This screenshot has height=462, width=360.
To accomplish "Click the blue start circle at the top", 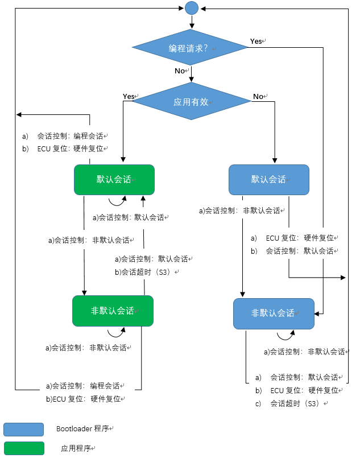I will coord(192,7).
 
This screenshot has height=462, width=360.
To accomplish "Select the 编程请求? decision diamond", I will coord(190,48).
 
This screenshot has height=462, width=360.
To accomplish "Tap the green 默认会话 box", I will coord(114,180).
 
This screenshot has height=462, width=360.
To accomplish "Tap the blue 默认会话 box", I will coord(268,180).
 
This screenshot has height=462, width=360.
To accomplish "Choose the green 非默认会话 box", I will coord(113,311).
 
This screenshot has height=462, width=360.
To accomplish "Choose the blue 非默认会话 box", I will coord(274,313).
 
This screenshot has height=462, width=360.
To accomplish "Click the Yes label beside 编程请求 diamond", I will coord(256,42).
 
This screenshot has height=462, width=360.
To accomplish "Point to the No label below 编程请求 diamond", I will coord(180,71).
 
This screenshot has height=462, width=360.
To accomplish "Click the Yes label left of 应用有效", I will coord(129,96).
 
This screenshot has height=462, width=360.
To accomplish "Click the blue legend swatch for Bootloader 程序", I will coord(23,429).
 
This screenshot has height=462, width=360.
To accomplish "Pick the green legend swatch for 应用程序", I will coord(23,448).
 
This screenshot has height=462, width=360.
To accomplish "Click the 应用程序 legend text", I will coord(76,448).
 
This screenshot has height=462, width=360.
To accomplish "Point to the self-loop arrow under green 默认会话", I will coord(117,200).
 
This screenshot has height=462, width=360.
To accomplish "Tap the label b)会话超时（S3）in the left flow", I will coord(146,272).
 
